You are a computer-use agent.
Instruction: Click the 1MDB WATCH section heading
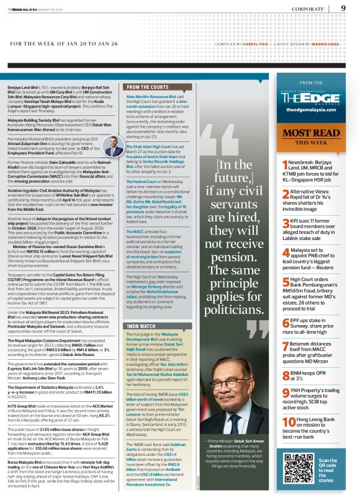(140, 342)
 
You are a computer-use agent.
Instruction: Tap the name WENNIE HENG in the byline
(332, 45)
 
